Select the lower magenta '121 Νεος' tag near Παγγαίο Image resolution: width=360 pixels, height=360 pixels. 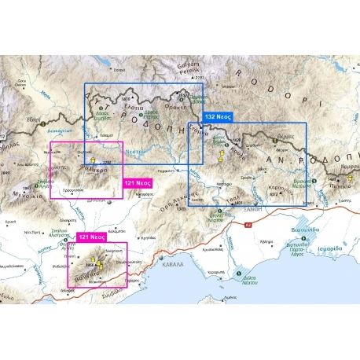click(x=92, y=236)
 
